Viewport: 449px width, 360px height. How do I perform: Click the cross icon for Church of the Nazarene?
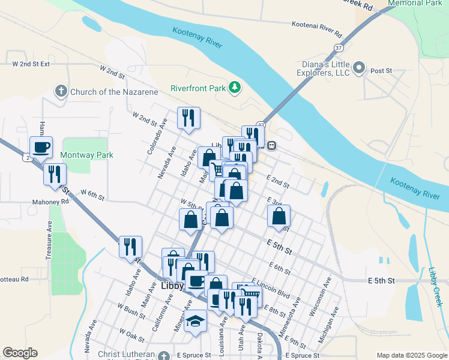coord(60,92)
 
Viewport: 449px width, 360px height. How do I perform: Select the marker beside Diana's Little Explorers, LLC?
coord(360,67)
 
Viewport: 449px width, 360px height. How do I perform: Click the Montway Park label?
coord(87,155)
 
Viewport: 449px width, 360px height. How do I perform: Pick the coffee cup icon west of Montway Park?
coord(41,148)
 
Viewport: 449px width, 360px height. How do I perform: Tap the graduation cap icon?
coord(196,322)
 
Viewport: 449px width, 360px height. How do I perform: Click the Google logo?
coord(20,353)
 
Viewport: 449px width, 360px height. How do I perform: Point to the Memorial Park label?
coord(415,3)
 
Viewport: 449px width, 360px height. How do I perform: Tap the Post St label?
coord(381,71)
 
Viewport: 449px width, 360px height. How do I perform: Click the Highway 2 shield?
coord(27,157)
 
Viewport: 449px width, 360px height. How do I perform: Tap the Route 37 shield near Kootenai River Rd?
coord(339,47)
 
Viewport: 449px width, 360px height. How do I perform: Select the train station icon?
coord(271,146)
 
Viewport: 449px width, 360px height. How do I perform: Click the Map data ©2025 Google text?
coord(411,355)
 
